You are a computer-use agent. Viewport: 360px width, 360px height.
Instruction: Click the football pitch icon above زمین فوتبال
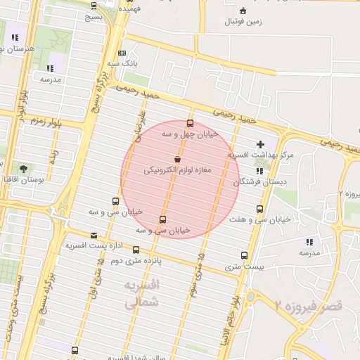[x=243, y=11]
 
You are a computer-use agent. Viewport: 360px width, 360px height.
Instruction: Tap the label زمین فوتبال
[x=243, y=22]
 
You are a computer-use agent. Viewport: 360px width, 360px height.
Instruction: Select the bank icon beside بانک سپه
[x=122, y=53]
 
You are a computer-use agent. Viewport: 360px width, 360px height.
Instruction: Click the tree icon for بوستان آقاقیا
[x=24, y=169]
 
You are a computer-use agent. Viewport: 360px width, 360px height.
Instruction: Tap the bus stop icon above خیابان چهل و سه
[x=191, y=123]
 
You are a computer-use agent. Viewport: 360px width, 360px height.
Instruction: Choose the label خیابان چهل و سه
[x=191, y=133]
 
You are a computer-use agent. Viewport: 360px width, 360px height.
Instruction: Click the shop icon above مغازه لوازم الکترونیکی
[x=176, y=160]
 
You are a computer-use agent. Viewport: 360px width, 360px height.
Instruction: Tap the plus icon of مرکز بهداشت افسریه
[x=261, y=143]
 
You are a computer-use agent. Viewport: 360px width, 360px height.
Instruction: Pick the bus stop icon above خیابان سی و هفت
[x=260, y=209]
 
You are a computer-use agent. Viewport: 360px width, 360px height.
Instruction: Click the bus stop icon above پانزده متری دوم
[x=136, y=250]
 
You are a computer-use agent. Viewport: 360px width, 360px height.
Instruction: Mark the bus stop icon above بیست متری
[x=244, y=256]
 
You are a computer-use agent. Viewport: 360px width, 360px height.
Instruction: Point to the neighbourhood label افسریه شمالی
[x=142, y=295]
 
